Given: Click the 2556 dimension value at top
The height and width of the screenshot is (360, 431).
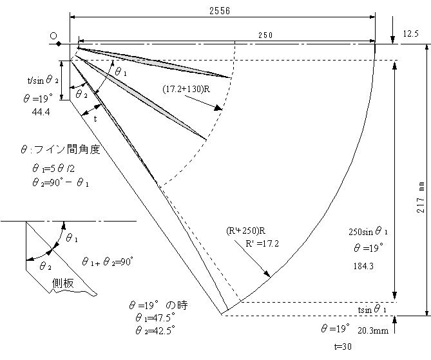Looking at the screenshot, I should [219, 11].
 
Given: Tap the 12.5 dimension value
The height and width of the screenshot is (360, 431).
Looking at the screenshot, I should [410, 33].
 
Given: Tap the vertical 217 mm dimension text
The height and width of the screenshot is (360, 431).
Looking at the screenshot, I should [419, 196].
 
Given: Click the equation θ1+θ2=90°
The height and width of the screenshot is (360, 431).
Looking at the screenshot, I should [107, 261].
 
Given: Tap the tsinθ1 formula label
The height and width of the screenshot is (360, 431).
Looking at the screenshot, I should [372, 310].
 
